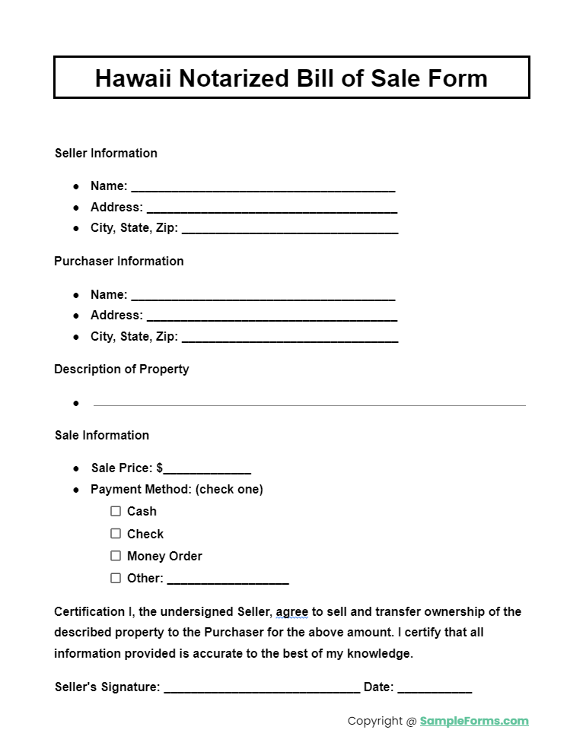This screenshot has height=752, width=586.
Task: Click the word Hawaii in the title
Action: [x=133, y=78]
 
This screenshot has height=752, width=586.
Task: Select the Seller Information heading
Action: [x=106, y=153]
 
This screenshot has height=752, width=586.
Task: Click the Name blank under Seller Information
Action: [x=263, y=187]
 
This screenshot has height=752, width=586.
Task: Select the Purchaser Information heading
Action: [x=119, y=261]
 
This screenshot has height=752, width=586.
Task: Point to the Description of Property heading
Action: [x=121, y=369]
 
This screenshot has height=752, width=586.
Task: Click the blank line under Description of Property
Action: [x=309, y=404]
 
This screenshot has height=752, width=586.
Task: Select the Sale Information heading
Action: [x=102, y=435]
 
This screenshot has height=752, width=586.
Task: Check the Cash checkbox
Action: [x=116, y=511]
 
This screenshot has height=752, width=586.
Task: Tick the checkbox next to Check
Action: [x=116, y=534]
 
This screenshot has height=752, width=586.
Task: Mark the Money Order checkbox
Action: [x=116, y=556]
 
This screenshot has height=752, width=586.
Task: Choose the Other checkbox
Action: [x=116, y=578]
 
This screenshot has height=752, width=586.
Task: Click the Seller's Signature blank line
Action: [x=262, y=688]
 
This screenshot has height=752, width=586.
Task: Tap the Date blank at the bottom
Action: [x=435, y=688]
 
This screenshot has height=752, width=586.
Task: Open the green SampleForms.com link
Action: [x=473, y=721]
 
